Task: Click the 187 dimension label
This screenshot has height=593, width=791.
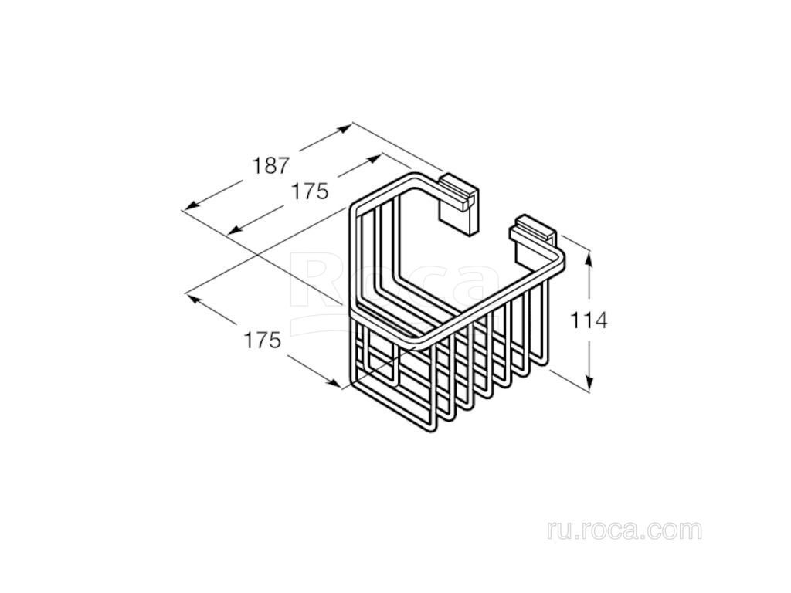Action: point(271,165)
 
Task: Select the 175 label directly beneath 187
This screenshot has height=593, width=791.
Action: point(311,191)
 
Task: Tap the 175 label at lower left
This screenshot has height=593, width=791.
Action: point(263,341)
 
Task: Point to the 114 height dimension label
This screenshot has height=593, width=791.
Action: point(589,320)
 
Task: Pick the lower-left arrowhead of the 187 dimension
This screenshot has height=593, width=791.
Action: point(191,205)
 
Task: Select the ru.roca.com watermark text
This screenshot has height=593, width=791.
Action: point(624,530)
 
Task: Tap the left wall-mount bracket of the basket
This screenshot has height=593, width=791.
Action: point(457,203)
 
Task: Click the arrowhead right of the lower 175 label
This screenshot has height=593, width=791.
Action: point(334,383)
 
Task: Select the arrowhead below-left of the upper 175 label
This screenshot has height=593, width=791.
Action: point(235,229)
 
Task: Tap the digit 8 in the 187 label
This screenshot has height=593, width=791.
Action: point(271,165)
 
